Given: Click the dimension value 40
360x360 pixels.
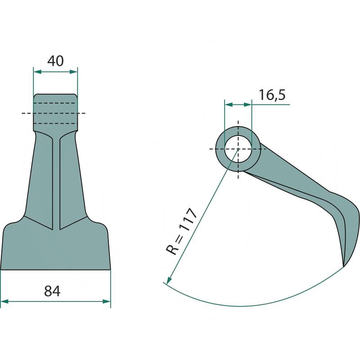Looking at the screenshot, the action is [55, 61].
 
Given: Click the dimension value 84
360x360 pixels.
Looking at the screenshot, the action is [52, 291].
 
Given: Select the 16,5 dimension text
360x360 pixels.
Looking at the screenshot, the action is [272, 95].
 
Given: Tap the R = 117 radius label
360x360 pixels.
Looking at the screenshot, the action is [181, 231].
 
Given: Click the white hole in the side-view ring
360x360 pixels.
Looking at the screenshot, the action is [238, 149].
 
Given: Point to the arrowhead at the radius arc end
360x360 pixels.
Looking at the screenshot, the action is [169, 280].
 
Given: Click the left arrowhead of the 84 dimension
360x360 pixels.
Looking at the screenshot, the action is [4, 301].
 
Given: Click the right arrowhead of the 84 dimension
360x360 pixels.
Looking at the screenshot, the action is [107, 301].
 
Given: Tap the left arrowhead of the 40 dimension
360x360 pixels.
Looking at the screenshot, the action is [37, 72].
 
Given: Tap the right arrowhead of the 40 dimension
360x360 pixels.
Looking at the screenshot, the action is [73, 72].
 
